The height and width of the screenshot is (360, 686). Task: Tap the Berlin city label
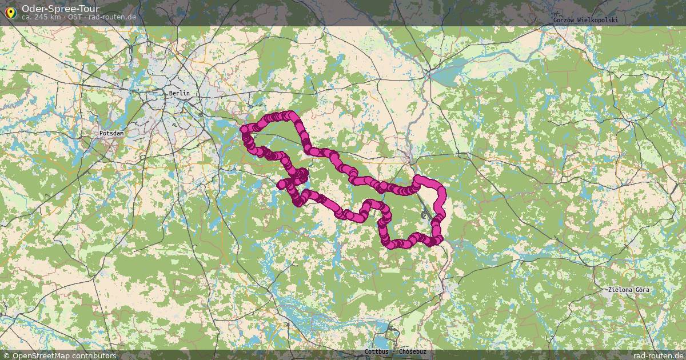click(x=179, y=93)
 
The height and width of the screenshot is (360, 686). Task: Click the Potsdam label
click(x=111, y=133)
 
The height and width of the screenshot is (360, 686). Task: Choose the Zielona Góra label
click(x=629, y=290)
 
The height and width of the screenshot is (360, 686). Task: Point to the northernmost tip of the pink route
click(x=291, y=115)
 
